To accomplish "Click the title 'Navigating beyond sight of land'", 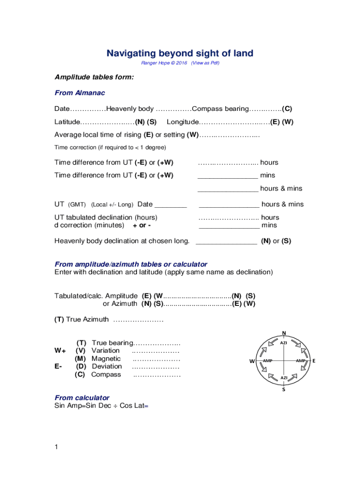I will click(x=180, y=53).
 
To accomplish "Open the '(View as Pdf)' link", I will click(x=204, y=63).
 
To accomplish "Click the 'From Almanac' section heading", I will click(x=80, y=93).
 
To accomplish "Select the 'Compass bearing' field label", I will click(x=220, y=109).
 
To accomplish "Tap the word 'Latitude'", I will click(x=67, y=122).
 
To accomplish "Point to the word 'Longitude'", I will click(x=183, y=122).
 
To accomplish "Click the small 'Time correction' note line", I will click(x=110, y=148).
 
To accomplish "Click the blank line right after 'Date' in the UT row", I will click(x=170, y=204).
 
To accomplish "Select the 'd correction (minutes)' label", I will click(x=89, y=225).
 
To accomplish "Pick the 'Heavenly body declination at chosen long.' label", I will click(x=122, y=241).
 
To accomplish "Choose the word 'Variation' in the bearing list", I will click(x=106, y=350).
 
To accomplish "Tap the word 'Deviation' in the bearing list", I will click(x=107, y=366).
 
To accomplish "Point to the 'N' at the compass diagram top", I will click(x=284, y=333).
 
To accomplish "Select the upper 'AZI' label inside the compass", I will click(x=284, y=343).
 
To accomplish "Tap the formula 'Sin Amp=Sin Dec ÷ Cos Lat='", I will click(x=101, y=406).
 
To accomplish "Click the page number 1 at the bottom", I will click(x=56, y=447).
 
